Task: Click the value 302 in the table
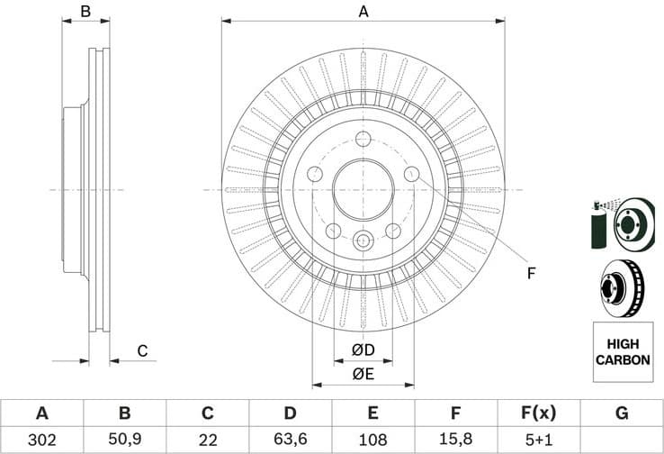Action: click(41, 440)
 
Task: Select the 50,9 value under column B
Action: click(125, 440)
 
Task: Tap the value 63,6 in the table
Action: click(290, 440)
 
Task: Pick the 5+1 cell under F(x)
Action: click(539, 440)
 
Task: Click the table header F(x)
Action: click(539, 413)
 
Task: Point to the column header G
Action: click(622, 413)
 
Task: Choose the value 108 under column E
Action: click(373, 440)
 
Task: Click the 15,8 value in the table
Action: click(456, 440)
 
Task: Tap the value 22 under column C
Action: click(207, 440)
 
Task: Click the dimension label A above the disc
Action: click(363, 12)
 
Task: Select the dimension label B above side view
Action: click(86, 12)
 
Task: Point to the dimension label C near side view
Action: click(141, 350)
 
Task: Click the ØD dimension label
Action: click(363, 350)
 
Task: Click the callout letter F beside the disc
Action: click(532, 273)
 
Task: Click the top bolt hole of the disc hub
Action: click(363, 139)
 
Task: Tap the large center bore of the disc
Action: click(363, 190)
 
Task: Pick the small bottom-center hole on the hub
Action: click(363, 241)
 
